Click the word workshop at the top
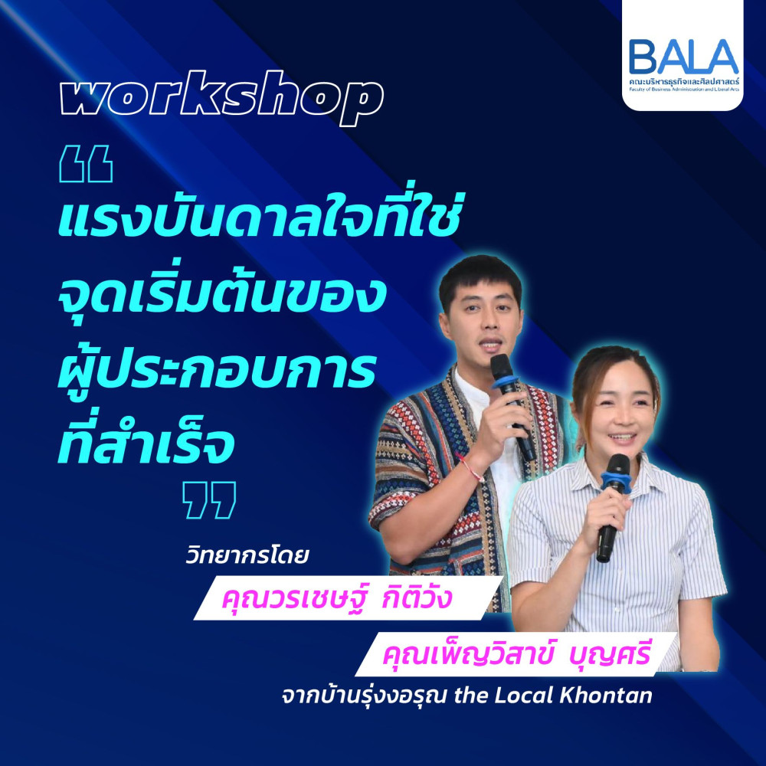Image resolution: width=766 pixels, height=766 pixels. coord(221,98)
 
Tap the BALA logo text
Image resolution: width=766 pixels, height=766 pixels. coord(683,57)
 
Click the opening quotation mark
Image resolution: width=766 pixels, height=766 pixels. coord(86,164)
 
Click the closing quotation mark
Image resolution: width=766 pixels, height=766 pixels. coord(209,499)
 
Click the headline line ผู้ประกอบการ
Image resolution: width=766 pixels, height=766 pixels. coord(218,369)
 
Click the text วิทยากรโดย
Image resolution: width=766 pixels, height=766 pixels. coord(247,556)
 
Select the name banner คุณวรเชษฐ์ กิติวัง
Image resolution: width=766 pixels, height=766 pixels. coord(349,598)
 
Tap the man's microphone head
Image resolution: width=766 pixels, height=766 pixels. coord(501,367)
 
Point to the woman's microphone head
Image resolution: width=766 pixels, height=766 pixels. coord(617,466)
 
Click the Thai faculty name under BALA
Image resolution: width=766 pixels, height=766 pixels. coord(684,81)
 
